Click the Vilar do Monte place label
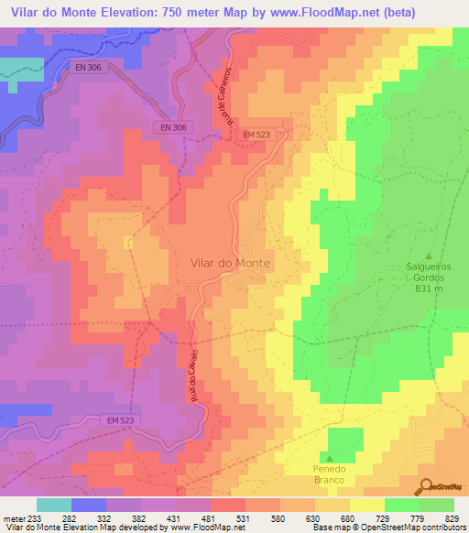click(x=230, y=262)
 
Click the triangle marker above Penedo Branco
click(x=329, y=456)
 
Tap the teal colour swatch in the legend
click(x=53, y=505)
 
